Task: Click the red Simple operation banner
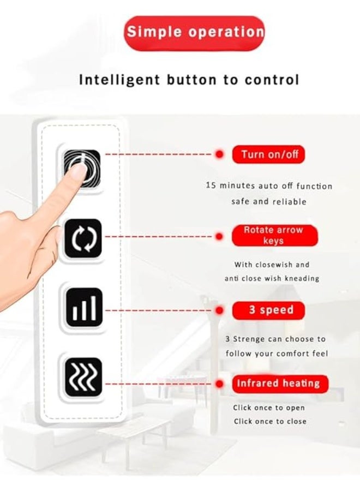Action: pos(195,32)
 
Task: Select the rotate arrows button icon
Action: pos(83,238)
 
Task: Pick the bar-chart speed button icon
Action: pos(83,307)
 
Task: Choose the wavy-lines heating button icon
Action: pos(83,376)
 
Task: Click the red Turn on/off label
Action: pos(268,154)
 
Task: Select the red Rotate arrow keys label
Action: pos(274,235)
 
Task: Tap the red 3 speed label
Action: pos(268,310)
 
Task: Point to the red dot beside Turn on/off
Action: pos(219,154)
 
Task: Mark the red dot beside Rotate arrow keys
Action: pos(219,236)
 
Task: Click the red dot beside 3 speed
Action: pos(219,310)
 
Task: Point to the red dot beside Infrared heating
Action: pos(219,383)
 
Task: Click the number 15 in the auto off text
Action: pos(211,185)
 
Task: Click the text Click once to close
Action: pos(270,421)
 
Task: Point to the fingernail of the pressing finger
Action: pos(78,171)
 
